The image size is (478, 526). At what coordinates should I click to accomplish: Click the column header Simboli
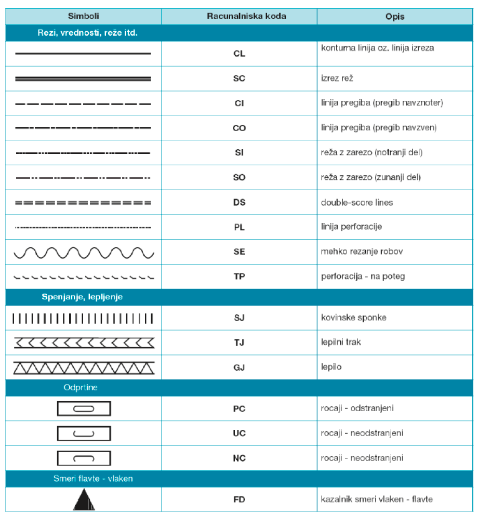pos(83,16)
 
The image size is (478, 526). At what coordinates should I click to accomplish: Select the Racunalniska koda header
pos(239,16)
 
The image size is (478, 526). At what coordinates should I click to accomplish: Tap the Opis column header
pos(395,16)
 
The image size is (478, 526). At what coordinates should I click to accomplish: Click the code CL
pos(239,54)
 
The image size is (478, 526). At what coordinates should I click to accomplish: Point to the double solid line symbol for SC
pos(83,78)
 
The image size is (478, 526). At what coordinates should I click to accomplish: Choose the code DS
pos(239,202)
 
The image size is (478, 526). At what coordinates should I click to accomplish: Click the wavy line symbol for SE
pos(83,252)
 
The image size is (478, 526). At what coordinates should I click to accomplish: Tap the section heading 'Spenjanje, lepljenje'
pos(82,297)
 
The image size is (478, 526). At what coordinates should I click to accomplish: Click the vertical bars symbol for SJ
pos(83,318)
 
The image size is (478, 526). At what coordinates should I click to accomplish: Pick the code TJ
pos(239,343)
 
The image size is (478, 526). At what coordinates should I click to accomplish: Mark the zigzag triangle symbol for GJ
pos(83,367)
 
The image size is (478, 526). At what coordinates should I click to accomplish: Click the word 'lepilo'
pos(331,367)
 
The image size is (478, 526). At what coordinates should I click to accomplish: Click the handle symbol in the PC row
pos(83,409)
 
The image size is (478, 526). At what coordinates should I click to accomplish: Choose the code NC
pos(239,458)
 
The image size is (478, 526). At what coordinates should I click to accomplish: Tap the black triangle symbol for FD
pos(83,500)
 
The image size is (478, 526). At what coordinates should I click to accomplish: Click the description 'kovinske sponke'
pos(353,318)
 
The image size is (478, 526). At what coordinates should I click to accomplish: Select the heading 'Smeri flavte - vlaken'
pos(93,478)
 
